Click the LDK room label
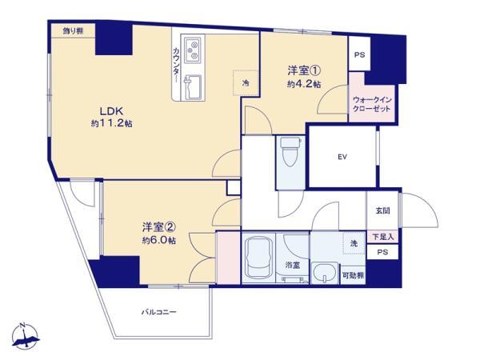[110, 110]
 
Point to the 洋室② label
[159, 226]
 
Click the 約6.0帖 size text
[159, 240]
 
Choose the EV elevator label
[341, 156]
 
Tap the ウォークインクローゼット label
[372, 104]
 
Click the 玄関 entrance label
[382, 211]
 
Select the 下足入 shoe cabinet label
[382, 237]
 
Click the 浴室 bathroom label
[292, 265]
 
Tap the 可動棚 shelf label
[353, 275]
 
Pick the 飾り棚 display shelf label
[74, 30]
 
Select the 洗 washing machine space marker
[352, 242]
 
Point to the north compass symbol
[26, 337]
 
